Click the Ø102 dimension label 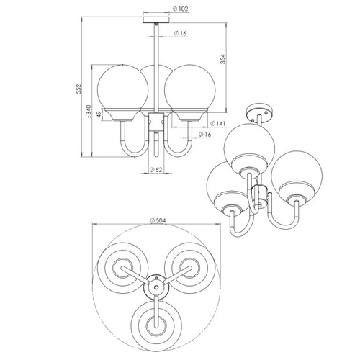[x=181, y=9]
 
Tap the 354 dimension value [x=223, y=59]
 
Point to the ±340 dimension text [x=89, y=112]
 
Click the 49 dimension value [x=99, y=115]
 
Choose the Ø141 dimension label [x=218, y=123]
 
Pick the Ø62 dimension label [x=156, y=170]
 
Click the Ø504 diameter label [x=158, y=220]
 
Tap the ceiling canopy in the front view [x=156, y=19]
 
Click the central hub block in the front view [x=156, y=121]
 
